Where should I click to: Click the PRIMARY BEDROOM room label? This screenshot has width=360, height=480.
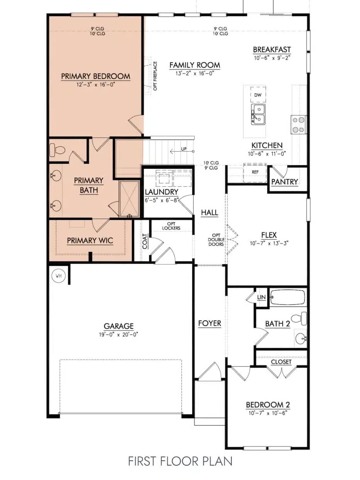click(95, 76)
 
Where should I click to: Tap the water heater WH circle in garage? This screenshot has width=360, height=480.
click(59, 276)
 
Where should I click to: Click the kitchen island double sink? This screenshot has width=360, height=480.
click(258, 115)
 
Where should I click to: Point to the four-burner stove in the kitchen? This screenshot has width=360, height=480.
click(298, 125)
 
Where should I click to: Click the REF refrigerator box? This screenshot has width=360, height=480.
click(255, 172)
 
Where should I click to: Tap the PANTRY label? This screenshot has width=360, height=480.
click(284, 182)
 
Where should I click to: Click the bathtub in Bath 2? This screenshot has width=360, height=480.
click(288, 297)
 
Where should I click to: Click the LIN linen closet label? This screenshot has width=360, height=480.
click(261, 298)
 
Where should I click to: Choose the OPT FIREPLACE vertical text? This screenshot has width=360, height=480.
click(155, 76)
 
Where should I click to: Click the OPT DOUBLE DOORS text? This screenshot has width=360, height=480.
click(216, 239)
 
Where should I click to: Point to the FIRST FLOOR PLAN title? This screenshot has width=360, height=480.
click(180, 461)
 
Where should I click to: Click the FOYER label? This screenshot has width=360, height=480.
click(210, 323)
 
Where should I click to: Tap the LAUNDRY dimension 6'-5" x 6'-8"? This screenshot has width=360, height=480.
click(161, 200)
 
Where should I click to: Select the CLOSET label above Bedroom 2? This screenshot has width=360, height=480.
click(281, 362)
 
